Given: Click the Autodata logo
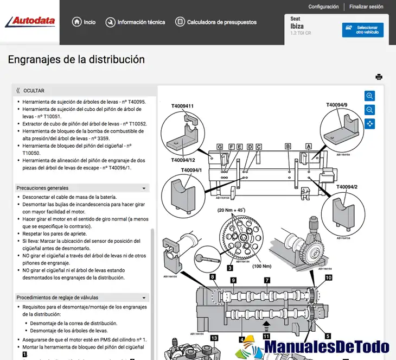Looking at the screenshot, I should (x=30, y=22).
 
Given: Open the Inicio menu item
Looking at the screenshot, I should (x=84, y=22).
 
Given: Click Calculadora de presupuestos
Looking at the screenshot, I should (x=216, y=22).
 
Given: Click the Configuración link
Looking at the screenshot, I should (x=323, y=7).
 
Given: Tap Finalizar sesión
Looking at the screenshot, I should (x=366, y=7).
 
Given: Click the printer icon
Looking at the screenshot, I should (x=379, y=77).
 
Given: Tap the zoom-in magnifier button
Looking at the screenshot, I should (x=370, y=96).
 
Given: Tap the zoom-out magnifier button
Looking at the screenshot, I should (x=370, y=110).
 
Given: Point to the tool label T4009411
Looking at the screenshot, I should (x=183, y=106).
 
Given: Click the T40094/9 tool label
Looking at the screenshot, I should (x=336, y=105).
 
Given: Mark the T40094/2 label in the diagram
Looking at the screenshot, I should (x=347, y=187).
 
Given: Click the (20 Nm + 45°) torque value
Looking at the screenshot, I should (x=232, y=210).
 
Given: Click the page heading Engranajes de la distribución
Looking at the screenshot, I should (x=76, y=60).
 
